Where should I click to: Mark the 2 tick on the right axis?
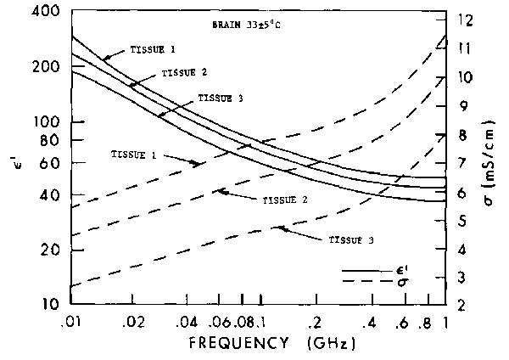(463, 304)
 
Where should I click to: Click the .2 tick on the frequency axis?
(316, 323)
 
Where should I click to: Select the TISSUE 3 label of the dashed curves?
(350, 241)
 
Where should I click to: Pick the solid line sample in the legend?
(358, 271)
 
